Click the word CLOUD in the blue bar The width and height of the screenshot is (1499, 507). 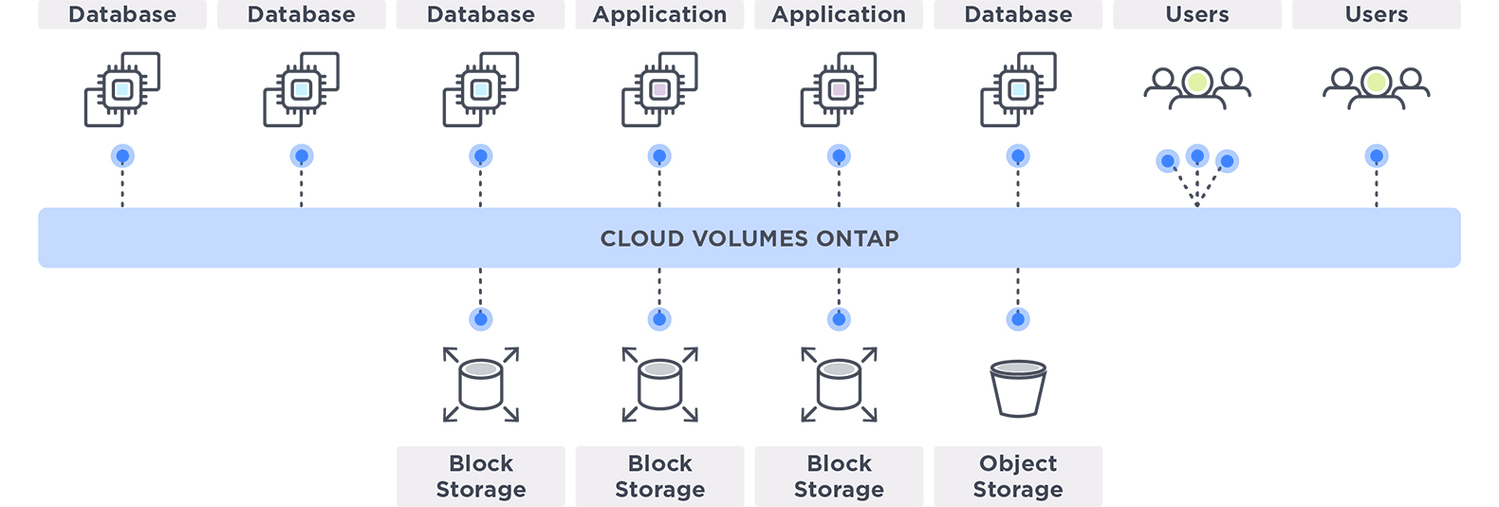click(x=642, y=238)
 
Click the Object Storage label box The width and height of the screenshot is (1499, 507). click(x=1018, y=476)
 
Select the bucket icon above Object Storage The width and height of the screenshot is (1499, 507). click(x=1018, y=387)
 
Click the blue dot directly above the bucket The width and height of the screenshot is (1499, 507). click(x=1018, y=319)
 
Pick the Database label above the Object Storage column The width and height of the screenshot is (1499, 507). click(x=1018, y=14)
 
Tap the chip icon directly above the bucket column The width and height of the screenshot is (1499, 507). click(x=1018, y=89)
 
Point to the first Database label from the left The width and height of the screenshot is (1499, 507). click(x=122, y=14)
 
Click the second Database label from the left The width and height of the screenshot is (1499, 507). click(x=302, y=14)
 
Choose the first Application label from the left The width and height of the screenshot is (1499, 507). click(x=659, y=14)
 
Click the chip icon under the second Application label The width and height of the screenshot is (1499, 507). click(x=839, y=89)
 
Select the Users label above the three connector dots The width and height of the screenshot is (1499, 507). click(x=1197, y=14)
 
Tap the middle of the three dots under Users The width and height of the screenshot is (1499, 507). click(x=1197, y=156)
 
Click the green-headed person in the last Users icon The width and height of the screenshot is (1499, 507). click(x=1377, y=84)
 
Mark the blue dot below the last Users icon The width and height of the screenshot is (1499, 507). click(x=1377, y=156)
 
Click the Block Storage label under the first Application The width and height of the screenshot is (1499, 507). click(x=659, y=476)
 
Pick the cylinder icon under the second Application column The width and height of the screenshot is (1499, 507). click(x=839, y=385)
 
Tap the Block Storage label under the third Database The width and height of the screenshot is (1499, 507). click(x=481, y=476)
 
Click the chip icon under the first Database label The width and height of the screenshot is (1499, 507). click(x=122, y=89)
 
